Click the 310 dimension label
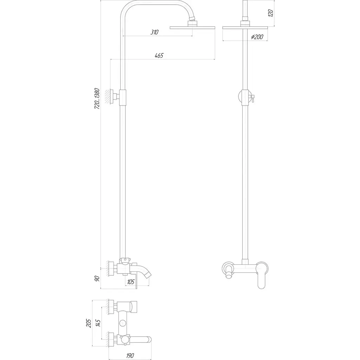[155, 32]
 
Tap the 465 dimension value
[159, 56]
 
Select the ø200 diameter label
[257, 37]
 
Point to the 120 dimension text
[271, 13]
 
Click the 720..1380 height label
[97, 98]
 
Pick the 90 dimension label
[97, 279]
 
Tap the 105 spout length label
[130, 282]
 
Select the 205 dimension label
[89, 323]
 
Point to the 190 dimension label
[130, 356]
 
